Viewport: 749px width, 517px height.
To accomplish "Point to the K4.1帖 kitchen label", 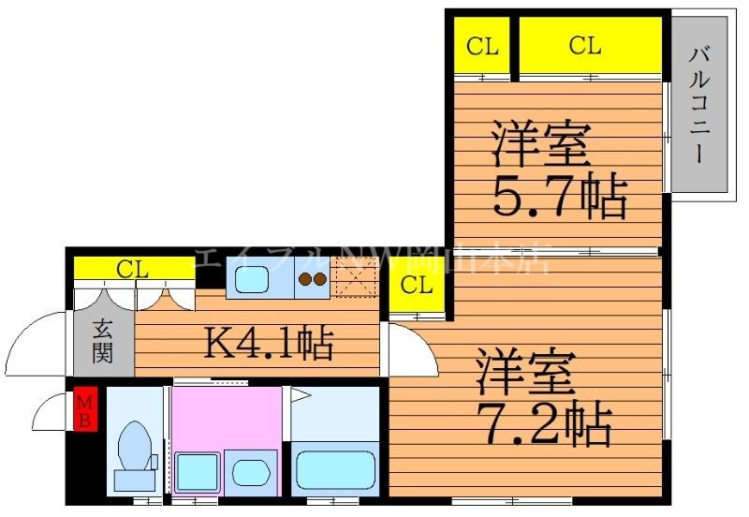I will tap(269, 345).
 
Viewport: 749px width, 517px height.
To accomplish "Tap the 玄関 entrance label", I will tap(103, 342).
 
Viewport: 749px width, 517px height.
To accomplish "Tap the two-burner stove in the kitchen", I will tap(312, 279).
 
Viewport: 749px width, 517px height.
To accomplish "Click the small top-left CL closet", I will tap(482, 45).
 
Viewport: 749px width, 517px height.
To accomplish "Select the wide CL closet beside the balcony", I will tap(585, 45).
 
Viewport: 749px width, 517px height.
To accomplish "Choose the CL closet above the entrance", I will tap(133, 270).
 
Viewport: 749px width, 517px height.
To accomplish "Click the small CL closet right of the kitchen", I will tap(417, 286).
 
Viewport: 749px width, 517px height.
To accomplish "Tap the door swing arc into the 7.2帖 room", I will tap(410, 347).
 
